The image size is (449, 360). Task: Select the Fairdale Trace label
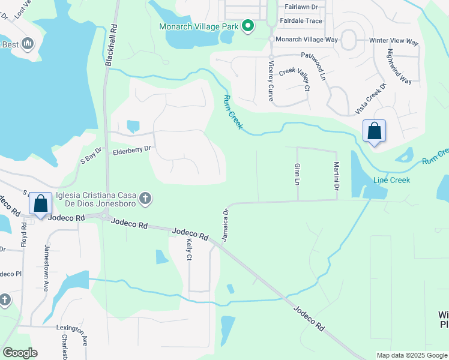pyautogui.click(x=301, y=20)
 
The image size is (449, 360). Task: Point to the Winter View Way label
pyautogui.click(x=394, y=41)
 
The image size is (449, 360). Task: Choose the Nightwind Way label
pyautogui.click(x=399, y=67)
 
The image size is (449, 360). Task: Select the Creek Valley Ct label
pyautogui.click(x=295, y=80)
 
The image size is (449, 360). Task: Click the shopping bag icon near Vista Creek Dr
pyautogui.click(x=374, y=131)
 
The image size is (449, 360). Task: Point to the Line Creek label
pyautogui.click(x=391, y=180)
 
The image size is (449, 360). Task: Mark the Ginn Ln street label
pyautogui.click(x=297, y=173)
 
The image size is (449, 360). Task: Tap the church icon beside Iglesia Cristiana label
pyautogui.click(x=145, y=198)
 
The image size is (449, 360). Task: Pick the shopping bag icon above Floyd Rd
pyautogui.click(x=40, y=203)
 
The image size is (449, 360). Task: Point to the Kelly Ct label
pyautogui.click(x=189, y=248)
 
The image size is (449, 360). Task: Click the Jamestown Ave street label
pyautogui.click(x=46, y=268)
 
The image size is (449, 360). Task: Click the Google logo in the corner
pyautogui.click(x=20, y=353)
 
